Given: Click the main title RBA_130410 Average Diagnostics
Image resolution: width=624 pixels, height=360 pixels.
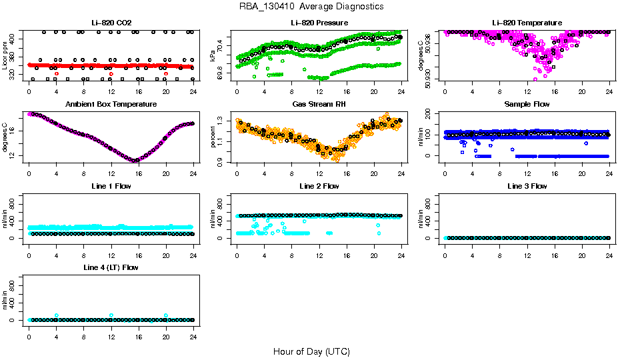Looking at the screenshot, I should click(311, 7).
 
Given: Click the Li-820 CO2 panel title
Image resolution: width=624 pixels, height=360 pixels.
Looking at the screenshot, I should click(111, 23).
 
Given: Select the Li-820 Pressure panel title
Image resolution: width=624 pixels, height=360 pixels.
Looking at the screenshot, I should click(319, 23).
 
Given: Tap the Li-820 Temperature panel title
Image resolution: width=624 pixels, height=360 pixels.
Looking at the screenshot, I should click(527, 23).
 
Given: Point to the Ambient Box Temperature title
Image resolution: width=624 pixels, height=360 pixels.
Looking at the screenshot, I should click(111, 105).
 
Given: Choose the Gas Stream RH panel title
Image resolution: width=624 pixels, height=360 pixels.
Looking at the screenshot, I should click(319, 105).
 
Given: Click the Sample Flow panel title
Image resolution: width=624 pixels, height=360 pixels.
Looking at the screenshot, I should click(527, 105).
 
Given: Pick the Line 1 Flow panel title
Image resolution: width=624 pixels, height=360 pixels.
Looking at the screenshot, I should click(111, 186).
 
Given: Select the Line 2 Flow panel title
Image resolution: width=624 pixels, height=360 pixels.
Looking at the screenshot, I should click(319, 186).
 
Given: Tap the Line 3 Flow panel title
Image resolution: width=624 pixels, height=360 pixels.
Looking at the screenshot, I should click(527, 186).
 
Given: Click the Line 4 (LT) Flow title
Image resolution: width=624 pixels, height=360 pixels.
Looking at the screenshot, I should click(111, 267).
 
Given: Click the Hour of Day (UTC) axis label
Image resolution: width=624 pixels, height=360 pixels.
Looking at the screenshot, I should click(311, 351).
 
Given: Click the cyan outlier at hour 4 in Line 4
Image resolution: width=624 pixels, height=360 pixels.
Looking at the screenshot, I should click(57, 315).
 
